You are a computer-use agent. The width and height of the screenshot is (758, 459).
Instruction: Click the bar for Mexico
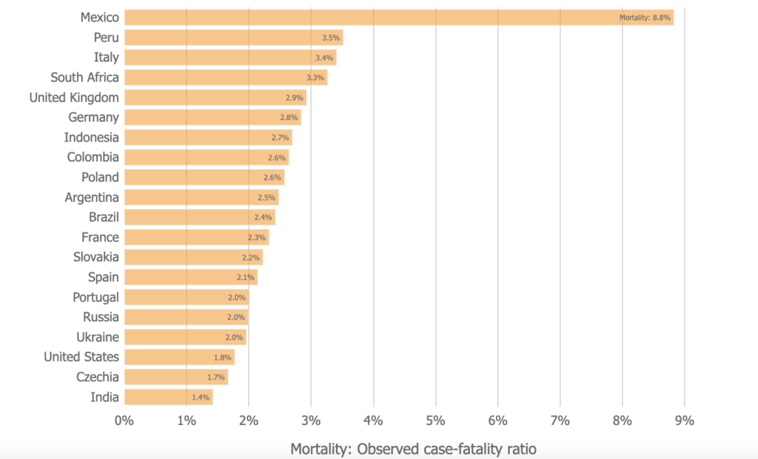[398, 17]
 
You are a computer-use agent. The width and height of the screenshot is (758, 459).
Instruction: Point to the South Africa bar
[225, 77]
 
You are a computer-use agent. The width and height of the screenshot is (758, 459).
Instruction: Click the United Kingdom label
[74, 97]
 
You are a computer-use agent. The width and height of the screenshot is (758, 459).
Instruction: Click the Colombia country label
[93, 157]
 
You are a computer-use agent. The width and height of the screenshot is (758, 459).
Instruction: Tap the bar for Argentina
[201, 197]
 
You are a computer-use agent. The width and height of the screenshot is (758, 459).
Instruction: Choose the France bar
[195, 237]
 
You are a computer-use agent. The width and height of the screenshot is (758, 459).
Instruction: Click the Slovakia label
[95, 257]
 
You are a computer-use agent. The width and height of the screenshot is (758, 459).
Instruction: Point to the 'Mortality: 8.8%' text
[644, 18]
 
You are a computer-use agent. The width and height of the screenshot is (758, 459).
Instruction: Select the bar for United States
[179, 357]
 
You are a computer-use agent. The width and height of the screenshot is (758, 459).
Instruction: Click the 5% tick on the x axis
[435, 421]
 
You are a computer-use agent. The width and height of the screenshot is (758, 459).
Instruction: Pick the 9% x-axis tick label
[685, 421]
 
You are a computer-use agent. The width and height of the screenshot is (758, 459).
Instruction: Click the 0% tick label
[124, 421]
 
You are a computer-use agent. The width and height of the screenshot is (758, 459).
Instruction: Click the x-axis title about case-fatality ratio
[412, 449]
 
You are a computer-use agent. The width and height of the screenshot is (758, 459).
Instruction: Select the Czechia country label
[97, 377]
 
